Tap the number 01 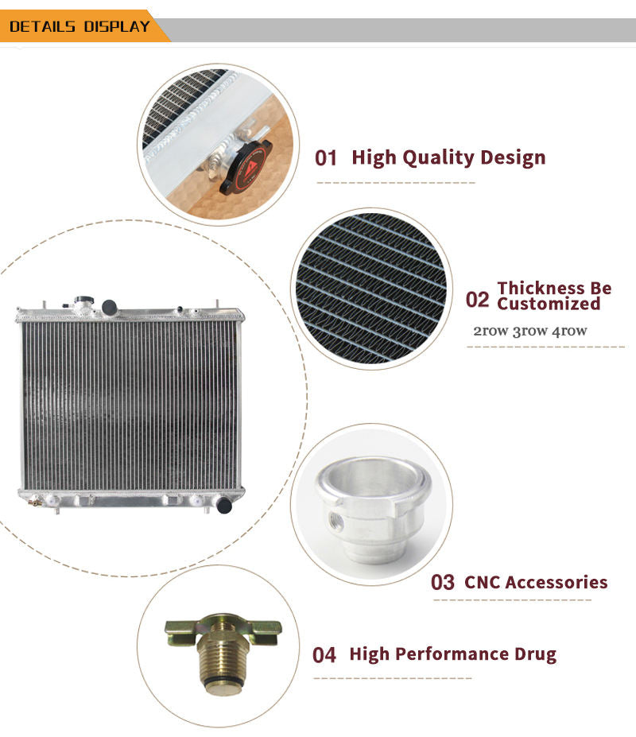[x=326, y=158]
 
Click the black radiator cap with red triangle [x=246, y=167]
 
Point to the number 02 [x=478, y=300]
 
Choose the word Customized [x=549, y=304]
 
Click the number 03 [x=442, y=582]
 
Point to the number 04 [x=324, y=655]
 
